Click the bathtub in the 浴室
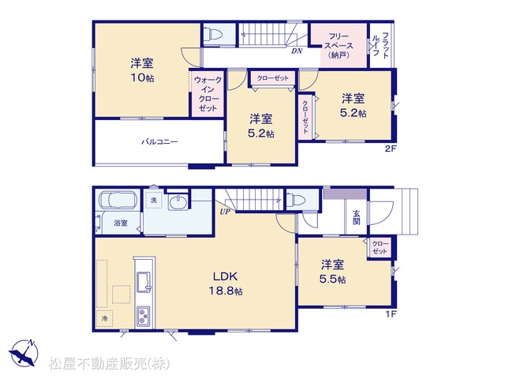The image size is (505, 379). [x=118, y=200]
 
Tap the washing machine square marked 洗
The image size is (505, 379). [x=154, y=200]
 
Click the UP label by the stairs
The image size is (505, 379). [x=225, y=212]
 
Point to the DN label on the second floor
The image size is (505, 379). [x=297, y=51]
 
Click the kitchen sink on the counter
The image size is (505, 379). [x=144, y=282]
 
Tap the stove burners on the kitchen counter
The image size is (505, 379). [x=144, y=316]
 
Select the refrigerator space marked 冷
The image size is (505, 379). [x=104, y=319]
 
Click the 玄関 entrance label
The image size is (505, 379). [x=356, y=217]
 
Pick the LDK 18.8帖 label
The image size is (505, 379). [x=226, y=283]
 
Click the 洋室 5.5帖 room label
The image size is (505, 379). [x=332, y=272]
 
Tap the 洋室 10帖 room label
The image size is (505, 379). [x=142, y=70]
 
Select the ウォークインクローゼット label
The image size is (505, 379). [x=208, y=94]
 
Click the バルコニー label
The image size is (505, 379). [x=159, y=142]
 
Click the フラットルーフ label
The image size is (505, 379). [x=380, y=45]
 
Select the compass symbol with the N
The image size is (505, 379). [x=24, y=353]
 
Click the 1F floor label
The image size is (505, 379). [x=391, y=314]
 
